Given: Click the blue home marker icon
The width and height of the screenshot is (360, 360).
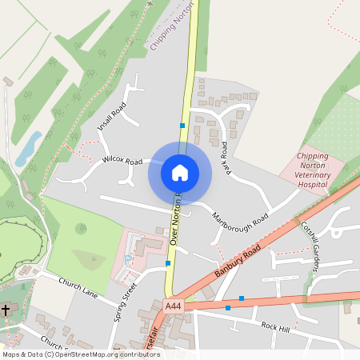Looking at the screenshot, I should [180, 173].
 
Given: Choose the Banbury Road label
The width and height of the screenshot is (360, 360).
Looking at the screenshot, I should [238, 262].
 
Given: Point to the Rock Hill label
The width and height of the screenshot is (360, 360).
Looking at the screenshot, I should [275, 326].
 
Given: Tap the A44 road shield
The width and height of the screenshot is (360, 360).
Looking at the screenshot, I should [174, 306].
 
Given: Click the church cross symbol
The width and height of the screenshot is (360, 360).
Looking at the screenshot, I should [6, 309].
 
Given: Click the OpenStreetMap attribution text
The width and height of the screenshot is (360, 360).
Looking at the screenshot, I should [81, 354].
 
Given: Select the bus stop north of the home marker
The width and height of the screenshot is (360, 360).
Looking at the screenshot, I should [182, 126].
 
